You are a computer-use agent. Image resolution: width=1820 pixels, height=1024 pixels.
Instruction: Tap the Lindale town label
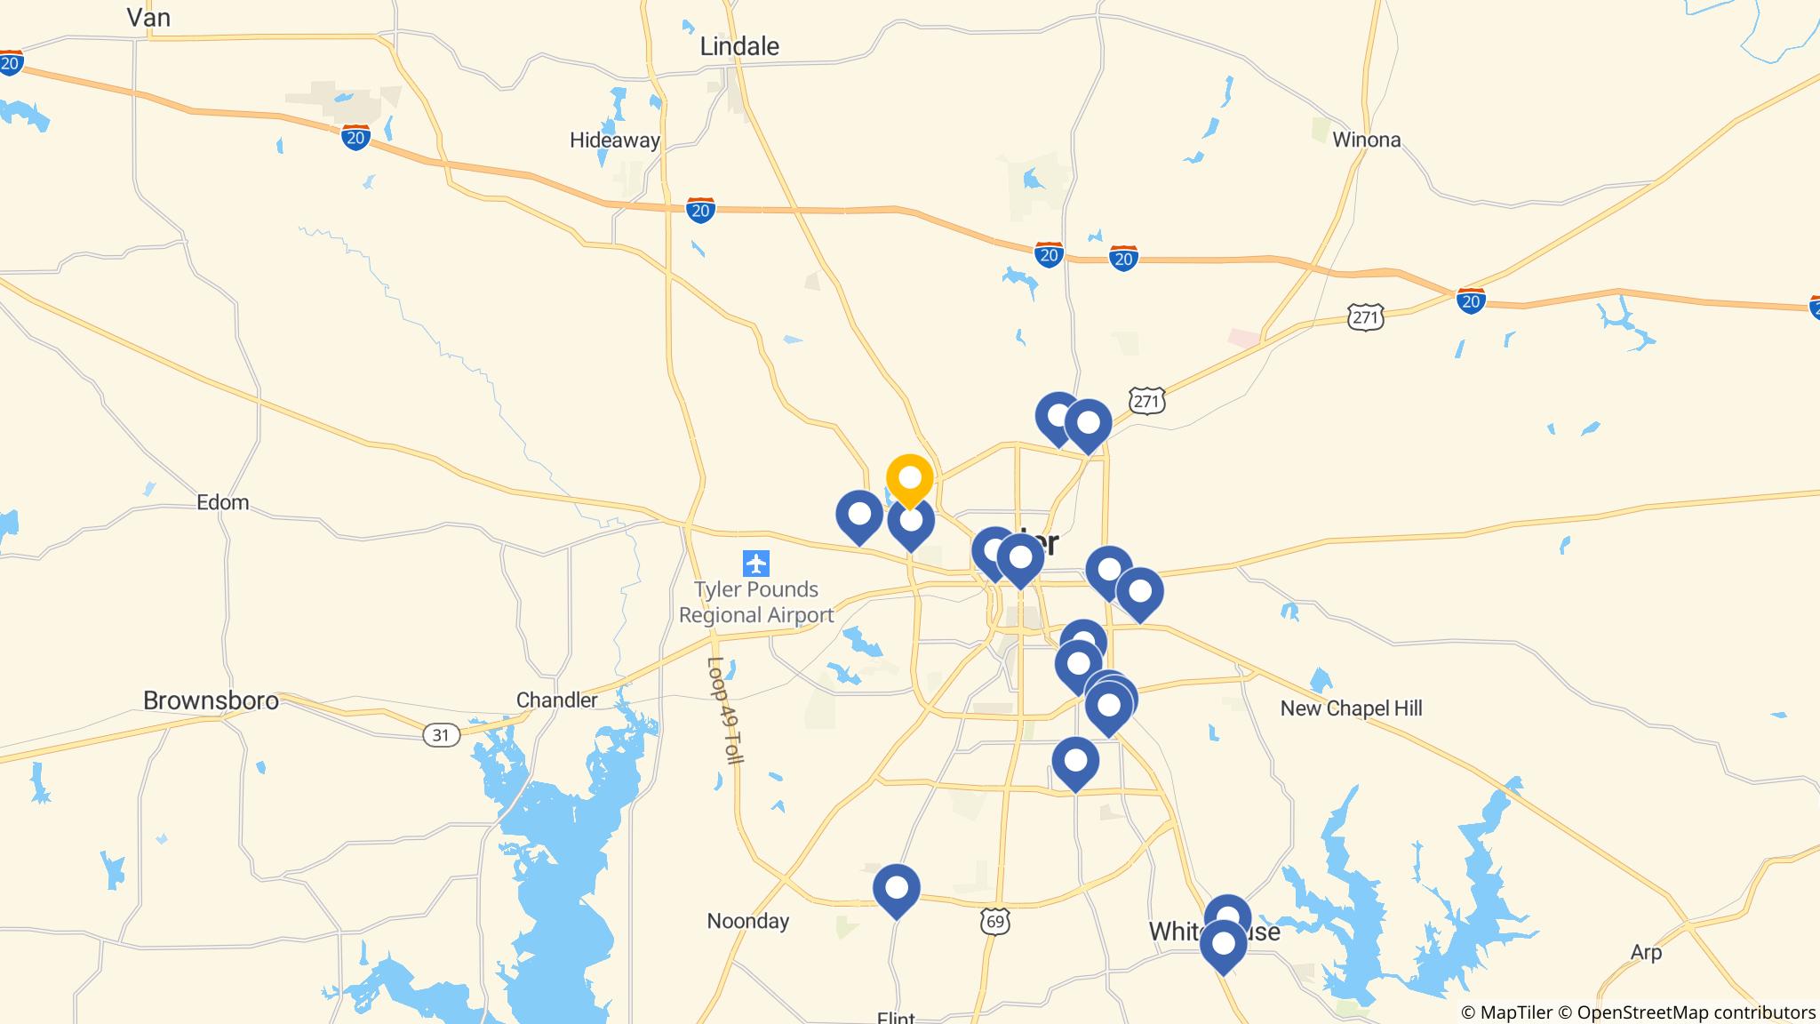point(738,46)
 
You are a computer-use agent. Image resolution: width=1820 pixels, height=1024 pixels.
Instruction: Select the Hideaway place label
point(614,140)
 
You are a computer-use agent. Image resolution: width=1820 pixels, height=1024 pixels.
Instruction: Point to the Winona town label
point(1366,140)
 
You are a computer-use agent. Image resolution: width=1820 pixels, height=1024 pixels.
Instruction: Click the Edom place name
point(222,502)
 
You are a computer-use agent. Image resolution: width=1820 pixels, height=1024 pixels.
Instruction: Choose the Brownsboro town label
point(211,700)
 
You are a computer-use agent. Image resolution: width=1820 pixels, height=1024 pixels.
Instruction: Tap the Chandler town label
point(557,700)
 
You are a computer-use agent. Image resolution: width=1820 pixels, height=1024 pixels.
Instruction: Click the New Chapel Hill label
point(1351,708)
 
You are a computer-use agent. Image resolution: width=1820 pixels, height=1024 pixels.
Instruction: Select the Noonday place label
point(747,921)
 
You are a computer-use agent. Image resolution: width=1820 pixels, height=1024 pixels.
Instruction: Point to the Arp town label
point(1646,952)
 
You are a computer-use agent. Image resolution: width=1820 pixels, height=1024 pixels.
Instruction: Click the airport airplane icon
point(756,563)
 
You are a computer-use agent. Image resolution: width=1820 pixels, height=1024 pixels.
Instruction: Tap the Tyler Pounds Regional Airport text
point(756,602)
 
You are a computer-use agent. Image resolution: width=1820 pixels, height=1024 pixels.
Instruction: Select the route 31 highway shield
point(442,735)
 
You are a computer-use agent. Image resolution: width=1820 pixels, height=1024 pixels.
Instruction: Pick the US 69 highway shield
point(995,922)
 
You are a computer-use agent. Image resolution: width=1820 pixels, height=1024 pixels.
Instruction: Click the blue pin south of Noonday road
point(896,888)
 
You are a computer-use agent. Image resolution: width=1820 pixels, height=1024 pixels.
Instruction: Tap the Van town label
point(148,17)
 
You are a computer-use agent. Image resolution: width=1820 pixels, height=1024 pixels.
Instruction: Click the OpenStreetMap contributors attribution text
point(1696,1012)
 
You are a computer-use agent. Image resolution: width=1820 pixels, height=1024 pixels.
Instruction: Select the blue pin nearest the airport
point(859,515)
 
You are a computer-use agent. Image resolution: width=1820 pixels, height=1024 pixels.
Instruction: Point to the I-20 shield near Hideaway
point(700,211)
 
